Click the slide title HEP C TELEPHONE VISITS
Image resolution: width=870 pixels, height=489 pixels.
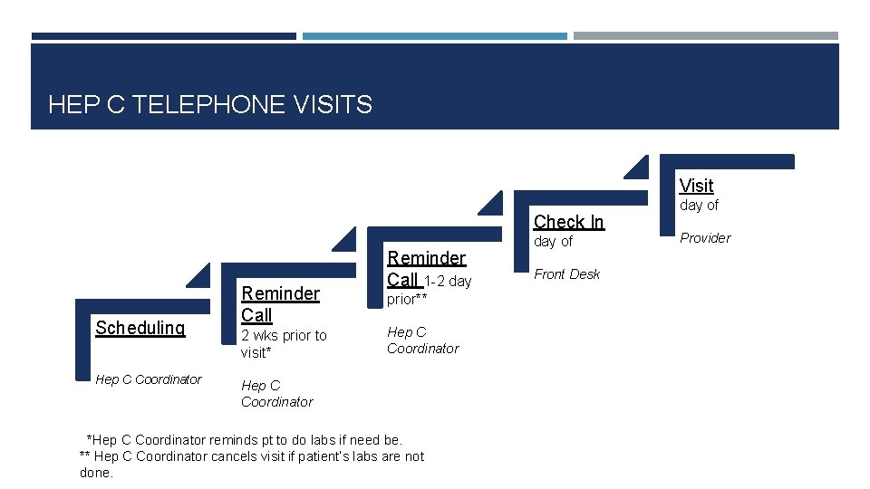pyautogui.click(x=209, y=105)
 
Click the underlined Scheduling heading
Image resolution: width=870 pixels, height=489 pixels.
pyautogui.click(x=140, y=328)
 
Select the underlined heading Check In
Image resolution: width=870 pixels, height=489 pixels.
pyautogui.click(x=568, y=222)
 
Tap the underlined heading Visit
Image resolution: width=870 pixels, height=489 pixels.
pyautogui.click(x=696, y=186)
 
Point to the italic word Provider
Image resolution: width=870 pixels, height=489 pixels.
pyautogui.click(x=705, y=238)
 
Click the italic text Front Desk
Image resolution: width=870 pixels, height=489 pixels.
pyautogui.click(x=566, y=274)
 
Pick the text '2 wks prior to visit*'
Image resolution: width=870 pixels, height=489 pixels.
pyautogui.click(x=283, y=343)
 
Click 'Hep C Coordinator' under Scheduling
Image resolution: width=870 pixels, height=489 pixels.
pyautogui.click(x=148, y=379)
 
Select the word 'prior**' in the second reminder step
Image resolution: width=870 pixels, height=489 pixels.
pyautogui.click(x=407, y=299)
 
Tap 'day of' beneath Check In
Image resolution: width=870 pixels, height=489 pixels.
pyautogui.click(x=553, y=242)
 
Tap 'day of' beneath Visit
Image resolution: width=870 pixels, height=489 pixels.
pyautogui.click(x=699, y=206)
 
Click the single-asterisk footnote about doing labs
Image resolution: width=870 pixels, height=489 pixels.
pyautogui.click(x=243, y=440)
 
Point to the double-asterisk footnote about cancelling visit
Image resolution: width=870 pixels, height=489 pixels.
pyautogui.click(x=252, y=456)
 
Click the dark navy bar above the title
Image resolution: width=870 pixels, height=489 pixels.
pyautogui.click(x=163, y=36)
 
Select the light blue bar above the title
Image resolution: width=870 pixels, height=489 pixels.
pyautogui.click(x=434, y=36)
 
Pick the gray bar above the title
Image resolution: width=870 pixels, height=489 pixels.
pyautogui.click(x=705, y=36)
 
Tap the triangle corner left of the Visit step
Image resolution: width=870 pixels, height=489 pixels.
pyautogui.click(x=636, y=168)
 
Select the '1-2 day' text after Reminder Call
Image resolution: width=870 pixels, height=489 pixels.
pyautogui.click(x=448, y=281)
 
